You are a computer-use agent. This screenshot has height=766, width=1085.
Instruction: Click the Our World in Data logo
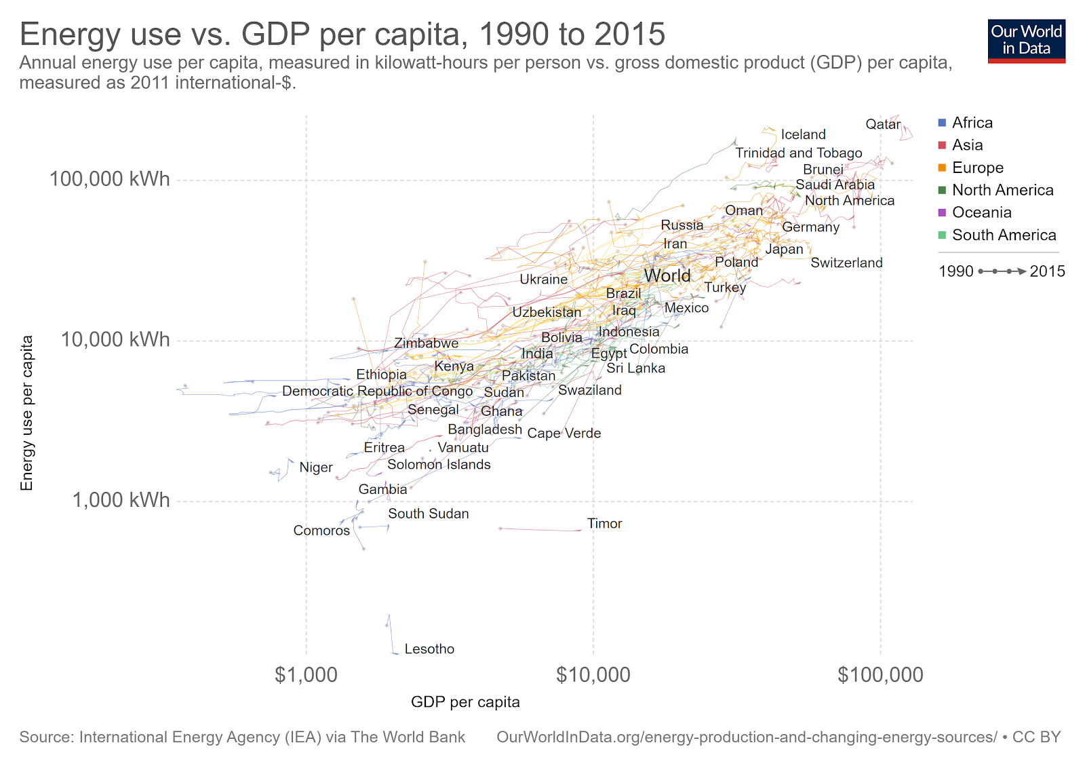tap(1026, 41)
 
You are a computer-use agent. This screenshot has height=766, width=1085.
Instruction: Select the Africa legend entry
tap(972, 123)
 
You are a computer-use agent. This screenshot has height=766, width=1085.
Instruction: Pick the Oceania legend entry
tap(981, 212)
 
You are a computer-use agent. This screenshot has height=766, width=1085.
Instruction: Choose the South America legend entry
tap(1004, 235)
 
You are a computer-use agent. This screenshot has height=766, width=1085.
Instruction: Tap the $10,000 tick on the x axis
tap(593, 674)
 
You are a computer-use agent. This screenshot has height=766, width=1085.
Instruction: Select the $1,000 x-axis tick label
tap(306, 674)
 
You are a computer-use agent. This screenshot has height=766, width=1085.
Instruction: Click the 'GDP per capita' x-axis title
tap(465, 702)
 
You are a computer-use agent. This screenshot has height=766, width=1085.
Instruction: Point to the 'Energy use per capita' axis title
tap(26, 413)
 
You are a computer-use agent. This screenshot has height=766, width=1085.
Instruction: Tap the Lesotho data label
tap(429, 649)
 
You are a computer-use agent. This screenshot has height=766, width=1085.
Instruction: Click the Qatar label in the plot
tap(883, 124)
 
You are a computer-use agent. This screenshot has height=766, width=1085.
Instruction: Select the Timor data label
tap(604, 524)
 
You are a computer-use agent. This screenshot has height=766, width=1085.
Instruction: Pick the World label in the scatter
tap(667, 275)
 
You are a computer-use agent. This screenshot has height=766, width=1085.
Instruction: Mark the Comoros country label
tap(321, 531)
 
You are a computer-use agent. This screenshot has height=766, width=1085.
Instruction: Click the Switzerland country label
tap(846, 263)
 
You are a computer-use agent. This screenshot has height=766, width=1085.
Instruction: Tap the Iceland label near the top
tap(803, 134)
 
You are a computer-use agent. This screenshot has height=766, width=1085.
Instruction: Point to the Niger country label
tap(316, 467)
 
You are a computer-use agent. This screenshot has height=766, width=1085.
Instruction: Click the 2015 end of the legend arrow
tap(1047, 271)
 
